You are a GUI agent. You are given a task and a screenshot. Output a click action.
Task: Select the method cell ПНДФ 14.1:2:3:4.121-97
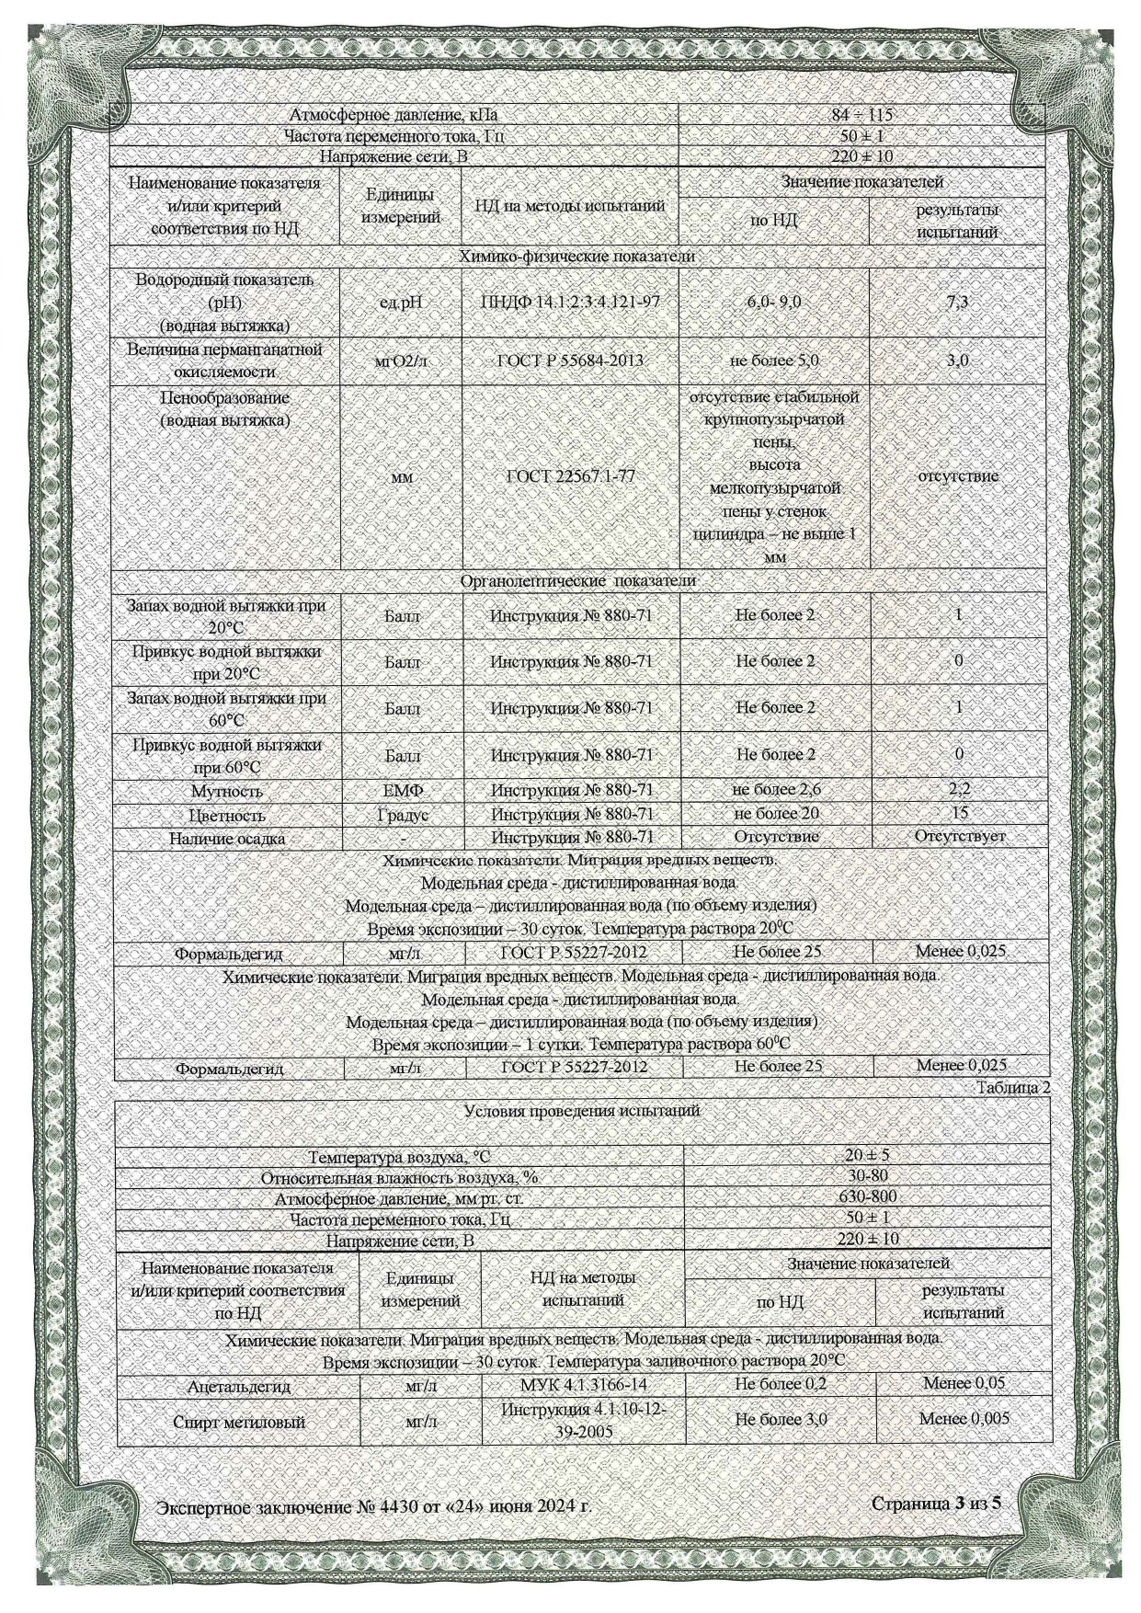click(x=570, y=303)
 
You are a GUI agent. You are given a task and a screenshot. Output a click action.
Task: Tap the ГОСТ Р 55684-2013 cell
click(x=570, y=361)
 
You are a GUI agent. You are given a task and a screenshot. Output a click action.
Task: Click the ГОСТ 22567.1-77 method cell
click(x=570, y=476)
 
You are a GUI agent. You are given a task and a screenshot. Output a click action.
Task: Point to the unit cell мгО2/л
click(x=401, y=361)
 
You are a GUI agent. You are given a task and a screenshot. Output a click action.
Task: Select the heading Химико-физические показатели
click(x=576, y=257)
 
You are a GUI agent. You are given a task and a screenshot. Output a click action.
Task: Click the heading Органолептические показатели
click(x=577, y=581)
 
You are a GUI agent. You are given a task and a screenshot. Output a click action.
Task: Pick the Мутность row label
click(x=226, y=791)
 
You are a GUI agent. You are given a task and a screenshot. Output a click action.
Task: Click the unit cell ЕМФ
click(x=402, y=790)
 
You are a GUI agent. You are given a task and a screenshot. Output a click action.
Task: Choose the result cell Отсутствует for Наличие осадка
click(x=959, y=837)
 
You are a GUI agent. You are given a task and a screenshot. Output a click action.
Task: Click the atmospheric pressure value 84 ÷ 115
click(x=861, y=116)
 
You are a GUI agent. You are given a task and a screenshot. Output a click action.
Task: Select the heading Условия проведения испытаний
click(x=582, y=1110)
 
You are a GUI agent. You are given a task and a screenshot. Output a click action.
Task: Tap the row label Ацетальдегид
click(x=238, y=1386)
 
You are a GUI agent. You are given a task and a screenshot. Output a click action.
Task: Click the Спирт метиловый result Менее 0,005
click(x=963, y=1419)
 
